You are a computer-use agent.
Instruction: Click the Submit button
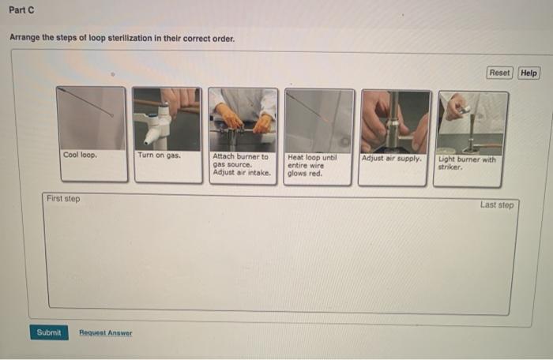(x=49, y=332)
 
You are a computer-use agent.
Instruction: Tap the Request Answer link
(x=105, y=332)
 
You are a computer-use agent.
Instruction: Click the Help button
(x=529, y=73)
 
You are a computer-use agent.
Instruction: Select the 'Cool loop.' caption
(x=80, y=155)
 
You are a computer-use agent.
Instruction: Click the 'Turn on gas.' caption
(x=159, y=156)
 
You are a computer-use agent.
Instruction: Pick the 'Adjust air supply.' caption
(x=392, y=159)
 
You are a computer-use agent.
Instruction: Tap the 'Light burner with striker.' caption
(x=467, y=163)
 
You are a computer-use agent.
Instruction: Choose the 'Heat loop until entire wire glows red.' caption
(x=312, y=165)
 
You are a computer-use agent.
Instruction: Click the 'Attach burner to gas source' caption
(x=240, y=160)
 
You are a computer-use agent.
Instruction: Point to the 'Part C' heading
(x=21, y=10)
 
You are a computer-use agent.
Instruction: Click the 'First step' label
(x=63, y=198)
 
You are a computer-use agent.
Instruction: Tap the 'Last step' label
(x=497, y=204)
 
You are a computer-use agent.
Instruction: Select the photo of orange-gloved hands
(x=243, y=120)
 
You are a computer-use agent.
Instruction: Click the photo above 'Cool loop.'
(x=91, y=118)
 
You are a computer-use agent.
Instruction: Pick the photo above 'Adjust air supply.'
(x=396, y=122)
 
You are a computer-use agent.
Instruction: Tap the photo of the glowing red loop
(x=319, y=121)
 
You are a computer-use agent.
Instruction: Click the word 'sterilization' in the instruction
(x=130, y=38)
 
